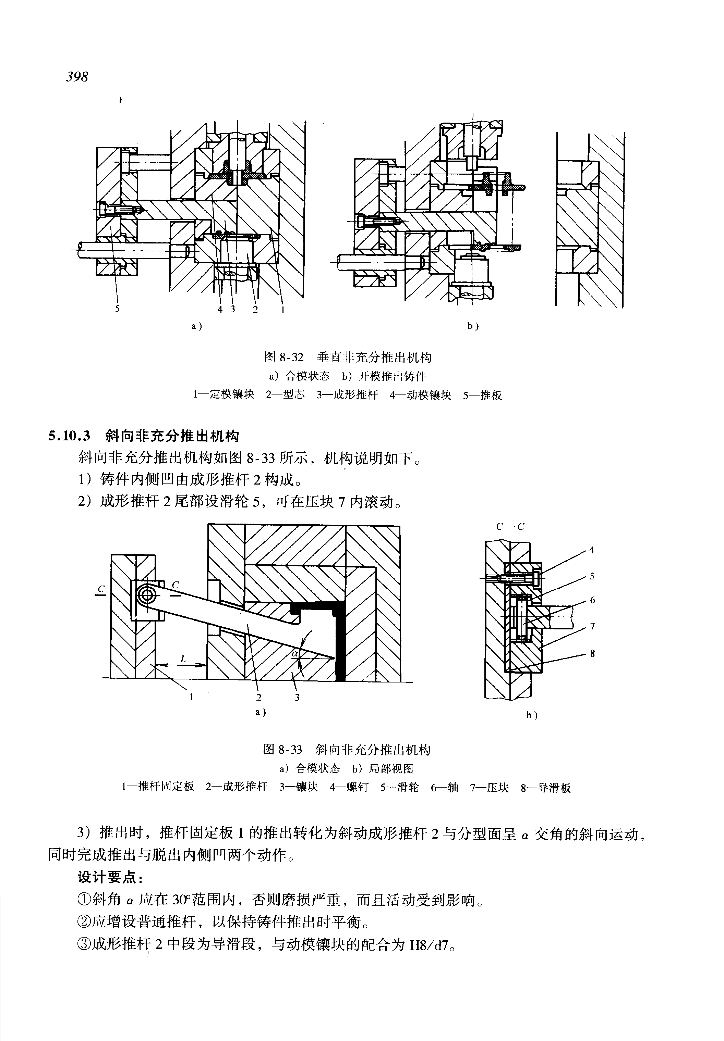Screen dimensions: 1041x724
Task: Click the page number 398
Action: coord(77,77)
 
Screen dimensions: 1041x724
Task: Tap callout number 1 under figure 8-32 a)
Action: coord(283,310)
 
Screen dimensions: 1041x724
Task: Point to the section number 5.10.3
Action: coord(69,436)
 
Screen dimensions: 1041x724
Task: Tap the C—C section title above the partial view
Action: coord(510,527)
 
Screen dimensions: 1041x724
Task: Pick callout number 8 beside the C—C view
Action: coord(592,653)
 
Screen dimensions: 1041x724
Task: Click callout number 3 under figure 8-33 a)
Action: coord(297,698)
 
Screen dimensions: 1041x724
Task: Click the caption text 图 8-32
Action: coord(283,357)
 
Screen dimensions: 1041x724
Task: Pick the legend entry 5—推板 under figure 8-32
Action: coord(482,395)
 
